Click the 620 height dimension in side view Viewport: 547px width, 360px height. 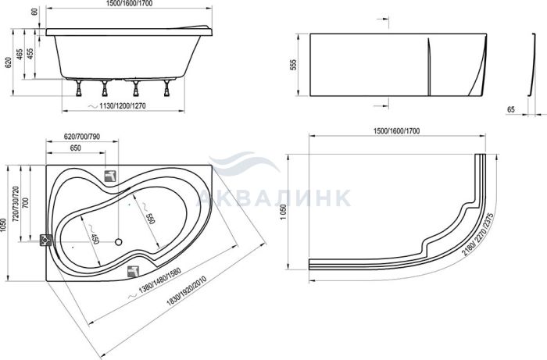[x=9, y=62]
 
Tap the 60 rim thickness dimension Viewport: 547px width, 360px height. [x=34, y=11]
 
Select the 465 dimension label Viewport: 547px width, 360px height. [x=20, y=54]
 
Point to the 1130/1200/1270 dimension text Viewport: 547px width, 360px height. [x=122, y=106]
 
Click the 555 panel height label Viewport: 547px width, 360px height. [x=293, y=65]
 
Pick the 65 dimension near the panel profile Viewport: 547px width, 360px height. [x=511, y=109]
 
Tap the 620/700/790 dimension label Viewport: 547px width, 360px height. [x=82, y=137]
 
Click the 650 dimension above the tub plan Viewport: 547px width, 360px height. [x=75, y=148]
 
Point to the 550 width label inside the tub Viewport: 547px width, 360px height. [x=150, y=218]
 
